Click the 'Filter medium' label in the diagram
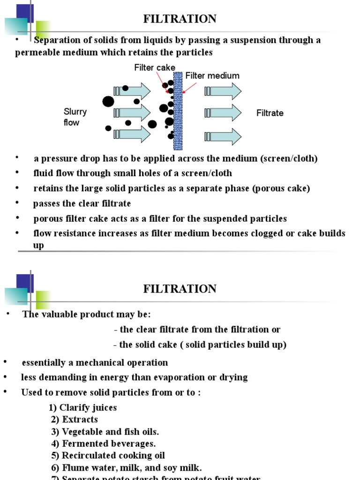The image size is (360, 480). (212, 76)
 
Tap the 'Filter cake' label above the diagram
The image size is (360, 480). (155, 67)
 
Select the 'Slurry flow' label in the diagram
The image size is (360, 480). (75, 117)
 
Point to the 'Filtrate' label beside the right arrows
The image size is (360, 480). (270, 113)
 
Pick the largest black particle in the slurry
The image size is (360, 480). (108, 102)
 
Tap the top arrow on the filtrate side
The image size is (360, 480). (223, 91)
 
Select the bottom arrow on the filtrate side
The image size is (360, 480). (223, 136)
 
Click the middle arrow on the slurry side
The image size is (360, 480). (132, 112)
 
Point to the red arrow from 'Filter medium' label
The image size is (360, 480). (189, 88)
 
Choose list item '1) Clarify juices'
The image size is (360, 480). (83, 407)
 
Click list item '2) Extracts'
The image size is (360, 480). (75, 420)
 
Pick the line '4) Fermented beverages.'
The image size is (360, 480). (104, 443)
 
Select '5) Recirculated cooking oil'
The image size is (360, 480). (108, 456)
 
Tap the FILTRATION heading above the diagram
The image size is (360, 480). (180, 19)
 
